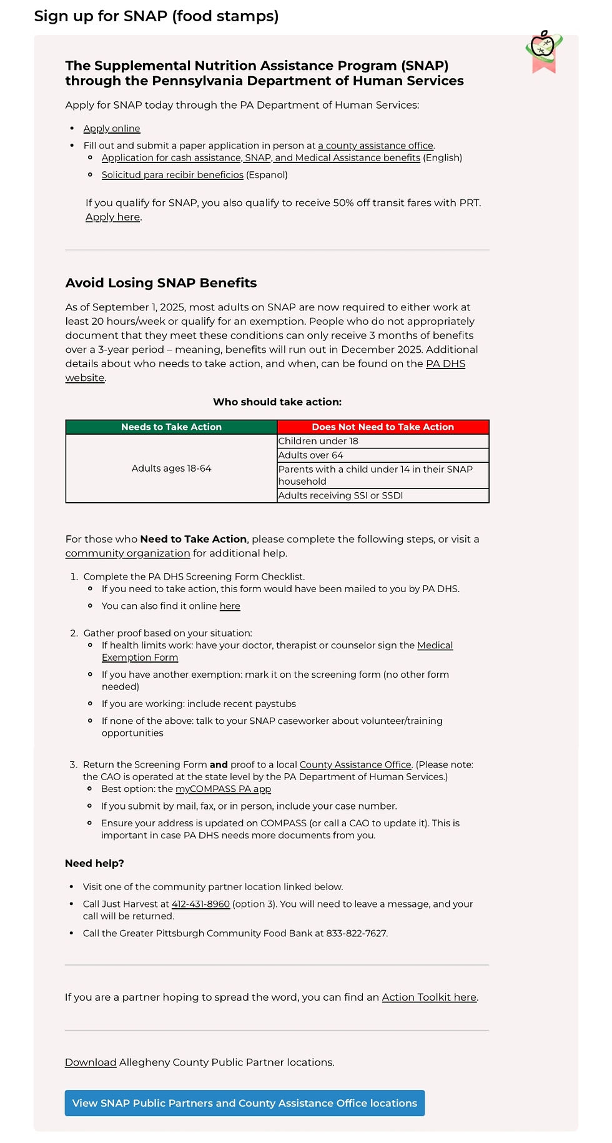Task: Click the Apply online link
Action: pyautogui.click(x=112, y=128)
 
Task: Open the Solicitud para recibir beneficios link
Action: pyautogui.click(x=172, y=175)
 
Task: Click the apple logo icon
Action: pyautogui.click(x=544, y=50)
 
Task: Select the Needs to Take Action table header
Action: pyautogui.click(x=171, y=427)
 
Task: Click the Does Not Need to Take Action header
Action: pyautogui.click(x=383, y=427)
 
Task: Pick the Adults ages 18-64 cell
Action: pyautogui.click(x=171, y=468)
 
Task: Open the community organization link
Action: pyautogui.click(x=127, y=553)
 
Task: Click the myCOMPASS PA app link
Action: pyautogui.click(x=223, y=789)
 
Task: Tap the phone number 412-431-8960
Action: pyautogui.click(x=200, y=904)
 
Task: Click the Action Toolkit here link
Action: pyautogui.click(x=429, y=997)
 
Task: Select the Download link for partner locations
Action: pyautogui.click(x=91, y=1062)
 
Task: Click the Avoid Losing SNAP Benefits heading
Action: pyautogui.click(x=161, y=283)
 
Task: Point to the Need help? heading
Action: pyautogui.click(x=94, y=863)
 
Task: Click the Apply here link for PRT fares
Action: pyautogui.click(x=112, y=217)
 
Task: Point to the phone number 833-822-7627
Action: pyautogui.click(x=356, y=933)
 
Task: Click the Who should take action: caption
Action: pyautogui.click(x=277, y=402)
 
